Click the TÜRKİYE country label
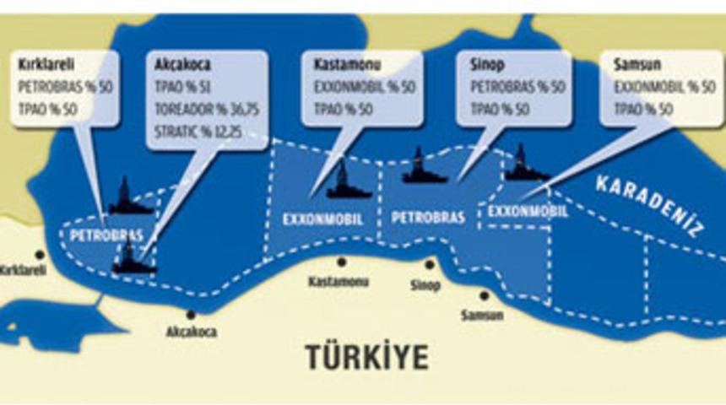[x=366, y=357]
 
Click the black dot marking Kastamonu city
[x=341, y=262]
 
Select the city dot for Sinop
[x=430, y=264]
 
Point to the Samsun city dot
[x=484, y=295]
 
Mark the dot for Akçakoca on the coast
[x=191, y=315]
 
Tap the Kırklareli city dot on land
[x=39, y=254]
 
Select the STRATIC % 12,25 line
[x=192, y=130]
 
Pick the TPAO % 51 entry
[x=176, y=85]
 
